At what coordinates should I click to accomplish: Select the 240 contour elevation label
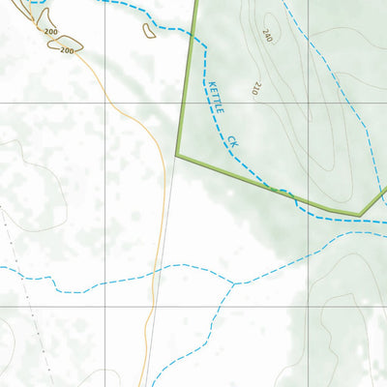tap(268, 36)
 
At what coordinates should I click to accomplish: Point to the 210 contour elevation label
tap(257, 87)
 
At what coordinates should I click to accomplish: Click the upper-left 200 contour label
tap(50, 32)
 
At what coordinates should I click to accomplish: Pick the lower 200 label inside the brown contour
tap(67, 49)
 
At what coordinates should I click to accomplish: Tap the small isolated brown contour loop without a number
tap(149, 31)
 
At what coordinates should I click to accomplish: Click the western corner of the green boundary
tap(177, 154)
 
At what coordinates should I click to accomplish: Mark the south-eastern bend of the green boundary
tap(359, 214)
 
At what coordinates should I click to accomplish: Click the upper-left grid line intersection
tap(105, 102)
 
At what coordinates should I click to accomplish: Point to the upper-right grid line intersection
tap(309, 102)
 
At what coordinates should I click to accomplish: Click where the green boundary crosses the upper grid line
tap(185, 102)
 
